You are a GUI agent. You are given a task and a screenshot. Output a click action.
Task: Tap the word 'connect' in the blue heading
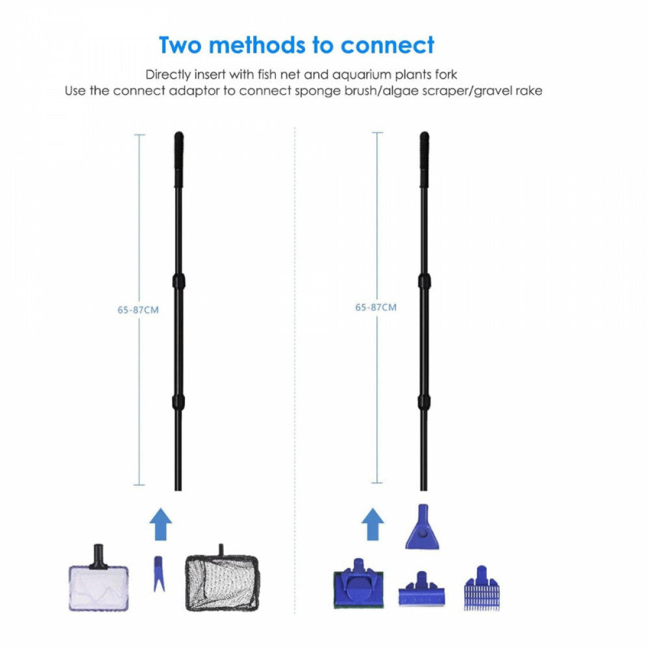point(387,45)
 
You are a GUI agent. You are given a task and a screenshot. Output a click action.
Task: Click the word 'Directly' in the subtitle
point(169,75)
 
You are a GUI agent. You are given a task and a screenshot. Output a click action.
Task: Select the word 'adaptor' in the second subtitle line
point(193,91)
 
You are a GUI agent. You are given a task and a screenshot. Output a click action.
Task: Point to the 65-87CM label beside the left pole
point(138,310)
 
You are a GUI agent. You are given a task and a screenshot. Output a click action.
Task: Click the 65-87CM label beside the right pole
point(376,308)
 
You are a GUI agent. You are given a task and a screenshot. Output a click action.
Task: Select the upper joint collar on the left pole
point(178,282)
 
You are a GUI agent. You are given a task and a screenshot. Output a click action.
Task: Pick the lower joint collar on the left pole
point(178,402)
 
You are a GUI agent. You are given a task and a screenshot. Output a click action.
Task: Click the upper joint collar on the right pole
point(424,282)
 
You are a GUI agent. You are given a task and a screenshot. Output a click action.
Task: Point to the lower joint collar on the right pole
point(423,402)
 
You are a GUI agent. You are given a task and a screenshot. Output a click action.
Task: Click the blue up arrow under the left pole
point(160,524)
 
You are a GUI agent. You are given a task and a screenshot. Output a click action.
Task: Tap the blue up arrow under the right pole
point(373,524)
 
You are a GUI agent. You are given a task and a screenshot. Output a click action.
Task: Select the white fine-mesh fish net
point(99,579)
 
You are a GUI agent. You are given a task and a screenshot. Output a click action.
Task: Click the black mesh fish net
point(221,579)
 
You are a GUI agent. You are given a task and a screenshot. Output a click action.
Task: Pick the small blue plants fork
point(158,573)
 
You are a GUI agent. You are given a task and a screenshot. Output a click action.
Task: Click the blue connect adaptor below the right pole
point(422,527)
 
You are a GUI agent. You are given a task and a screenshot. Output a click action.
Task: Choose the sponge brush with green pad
point(358,583)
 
